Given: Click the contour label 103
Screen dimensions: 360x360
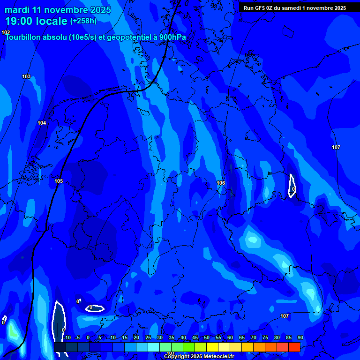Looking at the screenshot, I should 26,76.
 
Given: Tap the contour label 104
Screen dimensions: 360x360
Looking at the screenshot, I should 42,123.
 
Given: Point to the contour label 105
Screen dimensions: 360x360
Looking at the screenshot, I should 59,181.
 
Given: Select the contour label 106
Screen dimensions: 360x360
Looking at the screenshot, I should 221,183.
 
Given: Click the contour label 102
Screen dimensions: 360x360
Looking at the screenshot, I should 6,32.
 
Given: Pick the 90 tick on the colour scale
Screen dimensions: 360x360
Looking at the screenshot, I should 300,338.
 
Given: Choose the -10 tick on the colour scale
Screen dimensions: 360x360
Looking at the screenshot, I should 67,338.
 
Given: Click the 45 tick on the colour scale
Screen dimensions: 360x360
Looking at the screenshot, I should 195,338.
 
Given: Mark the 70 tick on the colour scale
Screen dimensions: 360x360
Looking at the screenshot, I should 253,338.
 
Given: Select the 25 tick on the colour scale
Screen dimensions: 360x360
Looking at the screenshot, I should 148,338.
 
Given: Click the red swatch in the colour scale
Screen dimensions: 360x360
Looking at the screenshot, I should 294,347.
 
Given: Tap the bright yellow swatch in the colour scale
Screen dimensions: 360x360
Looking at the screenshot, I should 212,347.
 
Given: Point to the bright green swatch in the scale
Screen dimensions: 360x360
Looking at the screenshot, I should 188,347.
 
